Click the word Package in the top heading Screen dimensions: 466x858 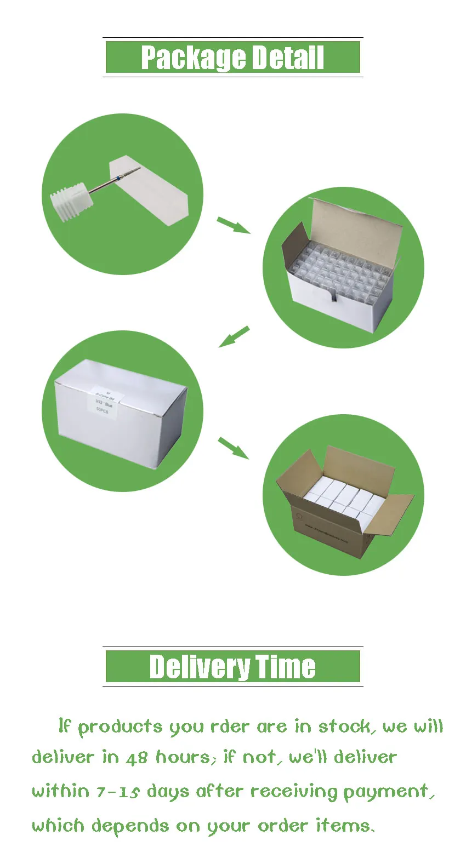tap(185, 58)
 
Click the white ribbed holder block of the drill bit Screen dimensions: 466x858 tap(70, 204)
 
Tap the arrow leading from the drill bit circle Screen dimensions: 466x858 tap(233, 225)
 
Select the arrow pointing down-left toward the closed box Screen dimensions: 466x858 tap(234, 336)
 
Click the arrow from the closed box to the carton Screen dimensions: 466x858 tap(234, 448)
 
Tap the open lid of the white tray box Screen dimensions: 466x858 tap(356, 225)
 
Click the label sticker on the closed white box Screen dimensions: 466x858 tap(103, 403)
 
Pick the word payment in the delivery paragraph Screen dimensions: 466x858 tap(387, 792)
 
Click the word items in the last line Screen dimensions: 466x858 tap(344, 826)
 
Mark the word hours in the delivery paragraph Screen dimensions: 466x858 tap(183, 758)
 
